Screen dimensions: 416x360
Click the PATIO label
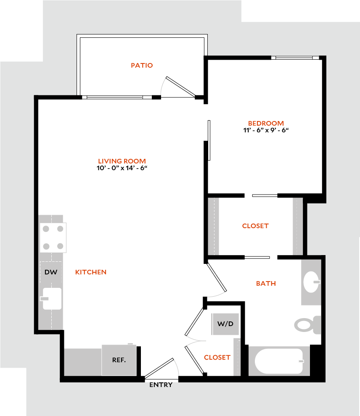[x=141, y=66]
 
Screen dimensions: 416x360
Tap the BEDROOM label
[x=266, y=124]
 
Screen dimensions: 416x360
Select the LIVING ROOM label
[x=122, y=161]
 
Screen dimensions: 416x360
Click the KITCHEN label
[x=91, y=272]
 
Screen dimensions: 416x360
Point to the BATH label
[x=266, y=284]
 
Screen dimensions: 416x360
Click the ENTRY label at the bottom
[x=161, y=385]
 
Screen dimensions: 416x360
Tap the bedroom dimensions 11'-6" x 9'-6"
[x=266, y=130]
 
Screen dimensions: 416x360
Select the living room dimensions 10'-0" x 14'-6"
[x=122, y=168]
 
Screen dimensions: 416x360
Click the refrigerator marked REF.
[x=119, y=360]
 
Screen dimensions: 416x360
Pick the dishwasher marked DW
[x=51, y=272]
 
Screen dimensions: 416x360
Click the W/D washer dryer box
[x=225, y=324]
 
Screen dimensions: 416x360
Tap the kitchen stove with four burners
[x=53, y=237]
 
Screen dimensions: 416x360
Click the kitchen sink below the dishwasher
[x=52, y=298]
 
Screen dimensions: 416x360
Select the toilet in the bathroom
[x=306, y=325]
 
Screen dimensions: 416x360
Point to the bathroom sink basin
[x=312, y=281]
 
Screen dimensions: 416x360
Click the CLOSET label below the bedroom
[x=255, y=226]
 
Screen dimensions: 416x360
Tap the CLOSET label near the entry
[x=217, y=358]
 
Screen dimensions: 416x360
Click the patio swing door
[x=180, y=87]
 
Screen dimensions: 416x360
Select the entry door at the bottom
[x=160, y=368]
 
